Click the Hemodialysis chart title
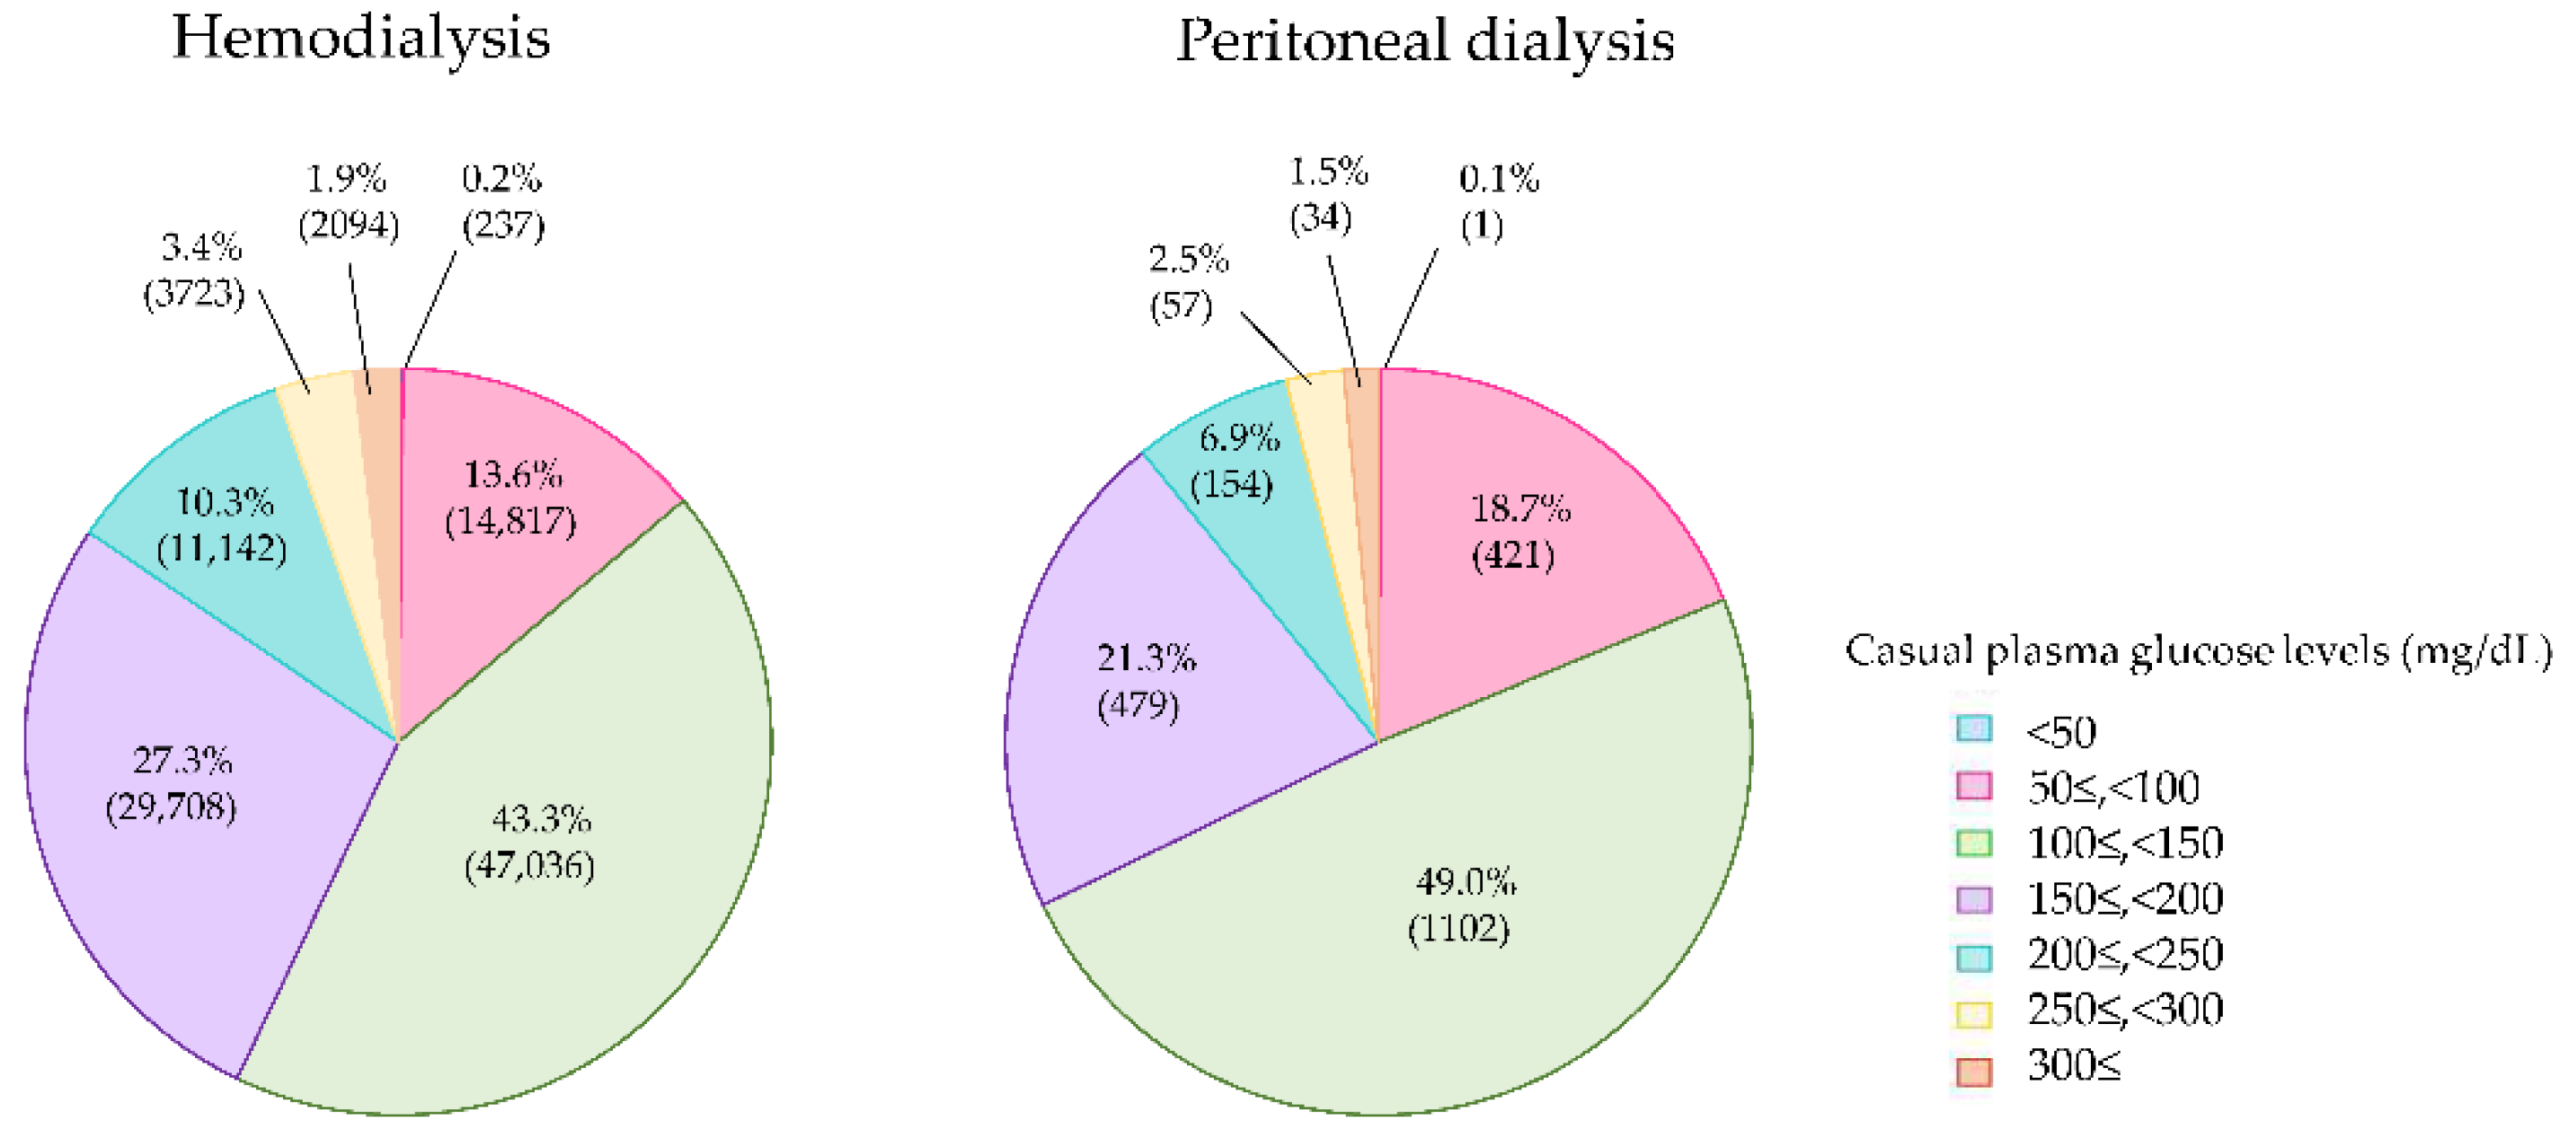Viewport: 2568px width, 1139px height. coord(361,40)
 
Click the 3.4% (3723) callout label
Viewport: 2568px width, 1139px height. coord(194,271)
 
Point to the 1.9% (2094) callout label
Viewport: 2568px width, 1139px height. coord(348,202)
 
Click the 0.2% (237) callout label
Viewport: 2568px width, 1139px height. coord(502,202)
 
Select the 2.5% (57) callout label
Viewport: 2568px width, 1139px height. coord(1185,282)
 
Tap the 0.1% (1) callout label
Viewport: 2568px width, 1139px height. coord(1495,202)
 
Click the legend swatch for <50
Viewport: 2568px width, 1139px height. coord(1973,729)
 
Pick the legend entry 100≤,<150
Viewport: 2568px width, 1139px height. coord(2124,843)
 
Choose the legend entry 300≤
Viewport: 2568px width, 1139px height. coord(2074,1066)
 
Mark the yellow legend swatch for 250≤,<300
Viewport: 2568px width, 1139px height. coord(1973,1014)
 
